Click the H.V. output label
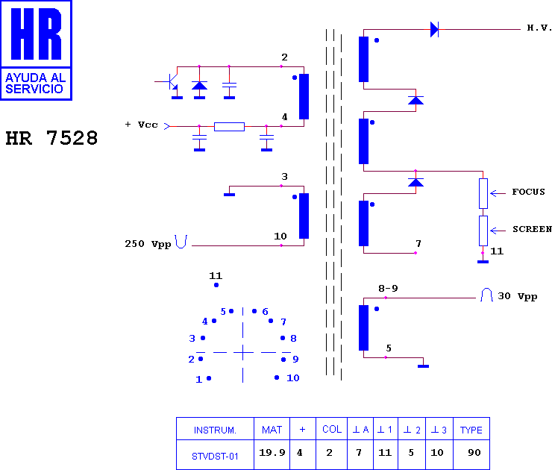(x=539, y=28)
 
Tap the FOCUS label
(x=528, y=192)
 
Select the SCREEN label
(x=532, y=229)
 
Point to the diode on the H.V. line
(x=434, y=29)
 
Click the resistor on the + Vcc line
(x=229, y=126)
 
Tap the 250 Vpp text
(x=148, y=244)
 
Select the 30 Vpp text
(x=518, y=296)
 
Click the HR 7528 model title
(x=51, y=138)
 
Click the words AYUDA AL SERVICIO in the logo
(x=35, y=84)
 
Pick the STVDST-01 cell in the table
(x=215, y=456)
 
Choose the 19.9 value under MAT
(x=272, y=453)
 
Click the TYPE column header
(x=471, y=430)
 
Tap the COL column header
(x=332, y=429)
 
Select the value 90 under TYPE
(x=474, y=453)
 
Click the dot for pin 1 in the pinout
(x=209, y=378)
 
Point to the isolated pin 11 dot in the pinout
(x=216, y=285)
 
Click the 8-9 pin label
(x=388, y=289)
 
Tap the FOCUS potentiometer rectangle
(x=483, y=193)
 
